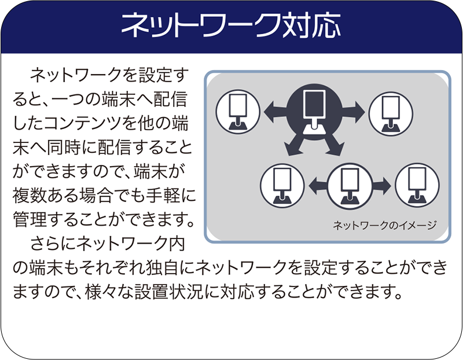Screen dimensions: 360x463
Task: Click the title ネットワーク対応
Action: point(231,27)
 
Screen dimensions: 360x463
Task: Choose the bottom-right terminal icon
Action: point(416,185)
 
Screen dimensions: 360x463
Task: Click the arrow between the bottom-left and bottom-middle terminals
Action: point(317,186)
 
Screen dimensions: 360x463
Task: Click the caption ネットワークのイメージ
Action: point(384,225)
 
